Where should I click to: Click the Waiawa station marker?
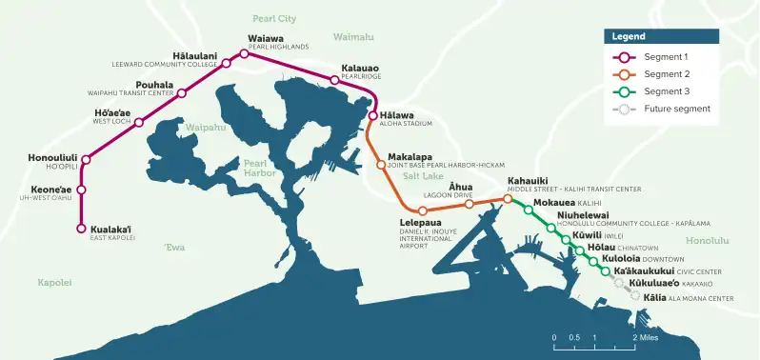click(244, 54)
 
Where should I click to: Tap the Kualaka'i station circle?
click(81, 229)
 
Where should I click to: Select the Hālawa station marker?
click(373, 116)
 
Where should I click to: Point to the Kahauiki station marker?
click(508, 199)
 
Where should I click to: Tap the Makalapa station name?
click(410, 156)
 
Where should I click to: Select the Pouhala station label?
click(154, 85)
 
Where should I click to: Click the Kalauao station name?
click(360, 69)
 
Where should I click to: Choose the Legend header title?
click(628, 36)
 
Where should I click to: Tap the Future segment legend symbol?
click(624, 109)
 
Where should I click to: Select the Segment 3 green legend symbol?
click(624, 91)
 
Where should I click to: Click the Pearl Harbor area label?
click(259, 169)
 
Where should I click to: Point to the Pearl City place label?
click(274, 18)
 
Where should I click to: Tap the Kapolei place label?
click(54, 283)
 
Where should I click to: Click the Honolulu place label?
click(707, 241)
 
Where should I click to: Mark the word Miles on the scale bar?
click(649, 337)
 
